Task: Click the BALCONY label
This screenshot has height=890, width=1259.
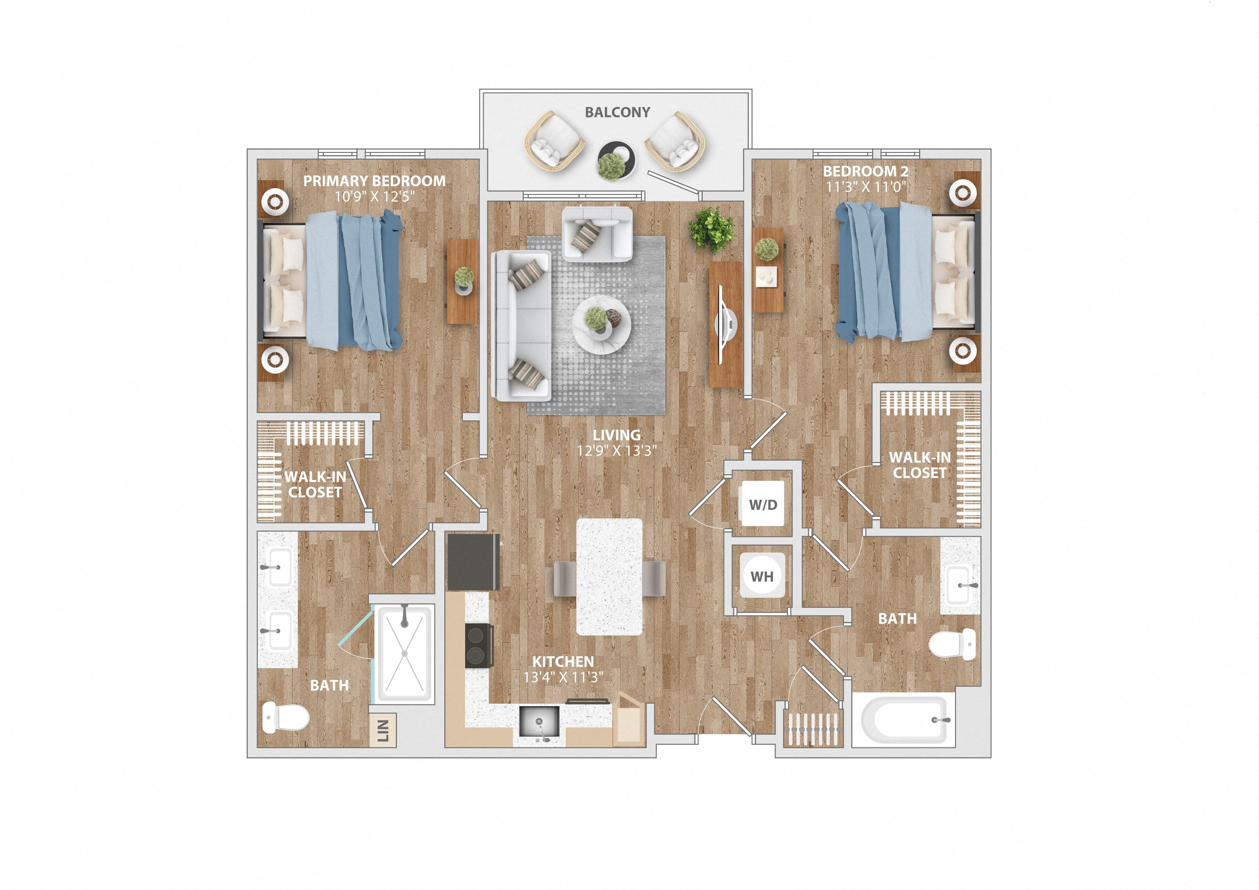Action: click(617, 112)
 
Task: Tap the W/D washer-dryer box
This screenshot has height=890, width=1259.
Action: click(763, 504)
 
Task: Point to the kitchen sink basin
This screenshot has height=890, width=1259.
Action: click(539, 721)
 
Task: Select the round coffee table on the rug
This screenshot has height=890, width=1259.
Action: click(602, 325)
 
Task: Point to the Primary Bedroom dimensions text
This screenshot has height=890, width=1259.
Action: click(375, 196)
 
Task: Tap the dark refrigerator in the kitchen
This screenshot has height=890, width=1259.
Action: click(473, 562)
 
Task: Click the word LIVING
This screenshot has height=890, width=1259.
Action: click(616, 435)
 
